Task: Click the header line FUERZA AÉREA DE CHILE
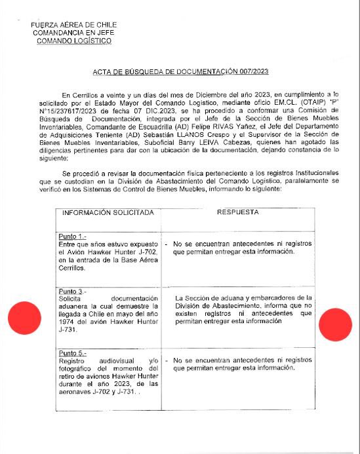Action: (73, 25)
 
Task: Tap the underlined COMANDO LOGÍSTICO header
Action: (73, 41)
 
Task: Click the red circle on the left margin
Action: (24, 318)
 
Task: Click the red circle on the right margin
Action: (335, 324)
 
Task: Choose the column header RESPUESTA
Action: (237, 213)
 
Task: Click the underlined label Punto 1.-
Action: (72, 236)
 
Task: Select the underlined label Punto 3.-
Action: (72, 290)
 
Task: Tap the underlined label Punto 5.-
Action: (72, 353)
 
